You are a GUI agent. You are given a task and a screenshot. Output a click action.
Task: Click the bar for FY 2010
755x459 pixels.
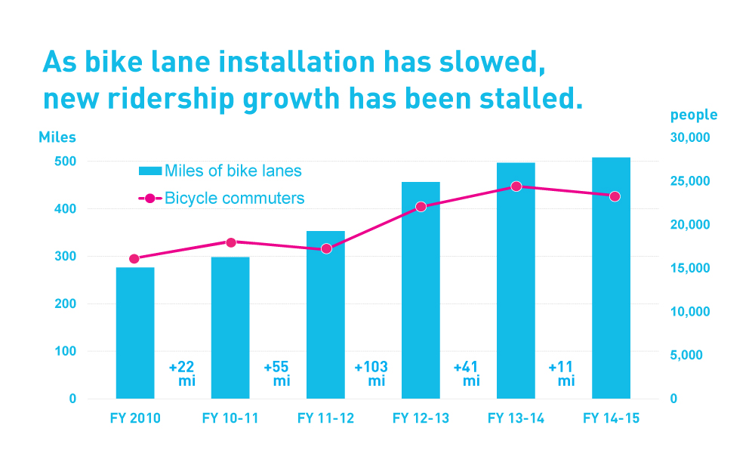tap(135, 332)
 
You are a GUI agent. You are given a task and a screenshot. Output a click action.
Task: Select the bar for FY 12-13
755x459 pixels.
tap(421, 291)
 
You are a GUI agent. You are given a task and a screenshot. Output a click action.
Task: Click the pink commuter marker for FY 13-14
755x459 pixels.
tap(516, 186)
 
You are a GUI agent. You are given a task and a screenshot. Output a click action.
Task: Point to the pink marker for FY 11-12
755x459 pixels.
tap(326, 248)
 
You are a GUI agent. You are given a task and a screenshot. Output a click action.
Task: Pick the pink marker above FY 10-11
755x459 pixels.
tap(231, 242)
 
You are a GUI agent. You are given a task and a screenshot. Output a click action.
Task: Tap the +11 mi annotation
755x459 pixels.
tap(562, 374)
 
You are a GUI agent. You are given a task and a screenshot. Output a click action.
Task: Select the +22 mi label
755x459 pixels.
tap(183, 374)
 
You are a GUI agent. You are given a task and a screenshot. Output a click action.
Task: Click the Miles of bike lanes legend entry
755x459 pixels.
tap(219, 171)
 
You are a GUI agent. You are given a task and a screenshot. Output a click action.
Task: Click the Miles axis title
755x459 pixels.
tap(57, 137)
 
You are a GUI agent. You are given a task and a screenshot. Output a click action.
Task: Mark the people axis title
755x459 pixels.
tap(694, 115)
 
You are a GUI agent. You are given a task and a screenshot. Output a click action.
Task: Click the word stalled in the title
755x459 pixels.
tap(525, 99)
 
